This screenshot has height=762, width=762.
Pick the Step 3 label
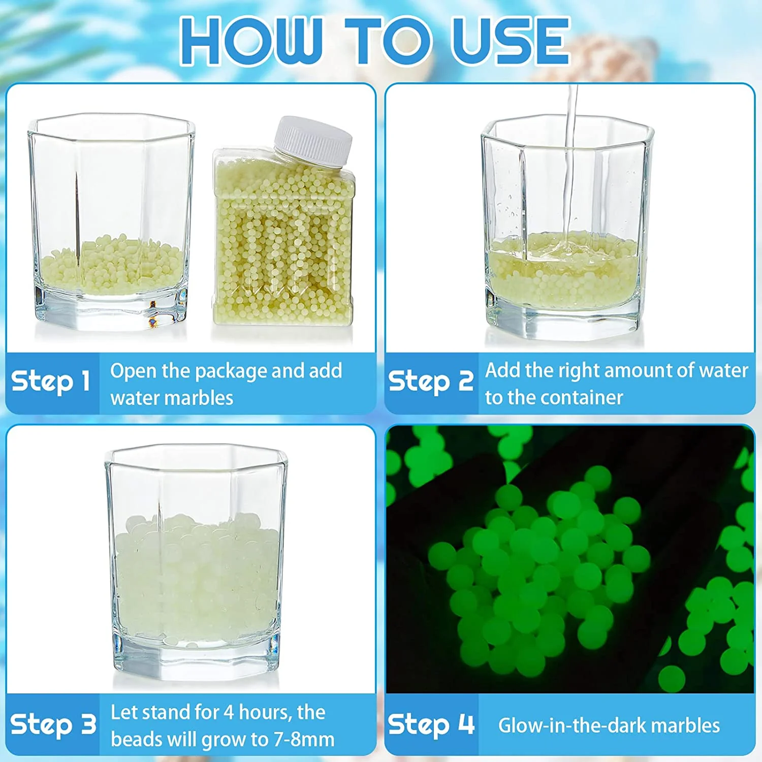click(x=53, y=724)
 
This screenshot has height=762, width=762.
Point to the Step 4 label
click(x=431, y=724)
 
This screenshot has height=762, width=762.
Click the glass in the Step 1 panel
click(x=111, y=224)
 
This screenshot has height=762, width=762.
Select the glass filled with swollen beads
click(x=196, y=564)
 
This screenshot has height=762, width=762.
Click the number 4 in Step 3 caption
click(x=229, y=713)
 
